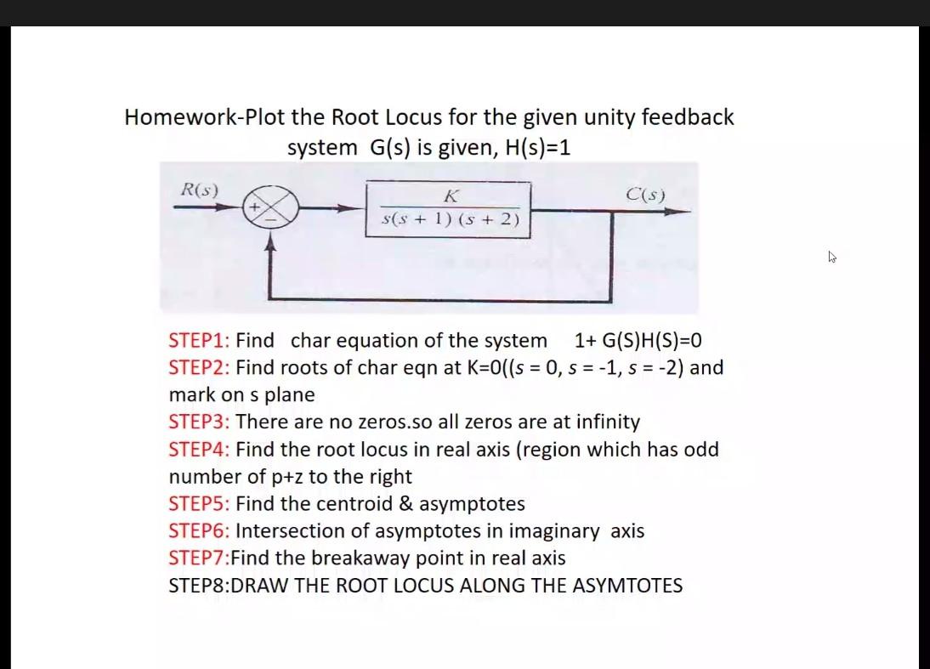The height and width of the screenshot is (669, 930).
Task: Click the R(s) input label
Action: tap(200, 190)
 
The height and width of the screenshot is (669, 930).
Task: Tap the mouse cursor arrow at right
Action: tap(832, 255)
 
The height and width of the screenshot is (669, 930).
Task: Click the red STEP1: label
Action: tap(199, 341)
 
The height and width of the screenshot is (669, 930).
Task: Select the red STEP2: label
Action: tap(199, 368)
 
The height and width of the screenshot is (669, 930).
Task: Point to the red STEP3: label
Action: tap(199, 422)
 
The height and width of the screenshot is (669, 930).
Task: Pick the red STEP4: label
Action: tap(199, 450)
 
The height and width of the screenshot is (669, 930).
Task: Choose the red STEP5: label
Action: tap(199, 504)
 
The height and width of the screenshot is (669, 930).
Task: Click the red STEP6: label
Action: tap(199, 531)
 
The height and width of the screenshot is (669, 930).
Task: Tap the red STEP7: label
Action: tap(199, 558)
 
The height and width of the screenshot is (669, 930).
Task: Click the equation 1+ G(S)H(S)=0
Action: tap(638, 341)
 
